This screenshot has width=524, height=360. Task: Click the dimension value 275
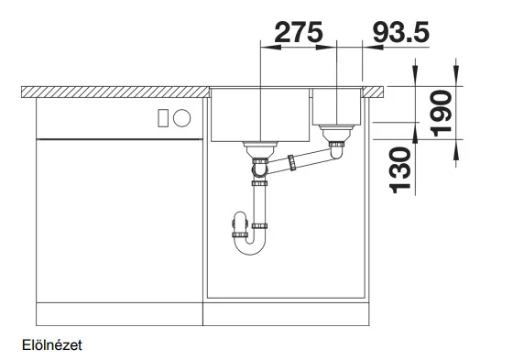[x=299, y=32]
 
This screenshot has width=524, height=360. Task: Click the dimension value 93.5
[x=400, y=32]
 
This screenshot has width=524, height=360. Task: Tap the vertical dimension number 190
[x=442, y=114]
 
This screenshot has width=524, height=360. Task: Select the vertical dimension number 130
[x=400, y=170]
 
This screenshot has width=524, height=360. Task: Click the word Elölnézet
[x=52, y=345]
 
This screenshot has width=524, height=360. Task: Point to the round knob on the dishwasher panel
[x=181, y=118]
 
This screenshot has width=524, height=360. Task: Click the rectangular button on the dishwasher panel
[x=163, y=118]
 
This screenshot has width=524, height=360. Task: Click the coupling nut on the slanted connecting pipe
[x=291, y=162]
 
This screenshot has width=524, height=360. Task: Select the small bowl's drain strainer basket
[x=336, y=133]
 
